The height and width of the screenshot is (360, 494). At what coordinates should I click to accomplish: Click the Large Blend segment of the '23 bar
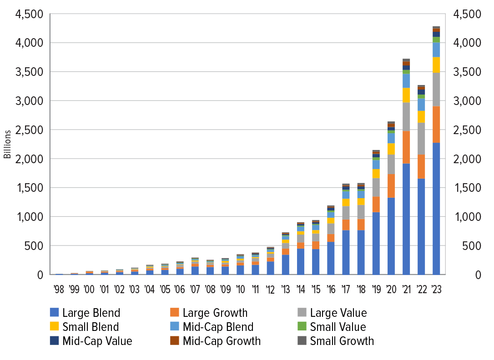pyautogui.click(x=436, y=209)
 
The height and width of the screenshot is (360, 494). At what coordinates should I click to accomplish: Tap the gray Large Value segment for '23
pyautogui.click(x=436, y=89)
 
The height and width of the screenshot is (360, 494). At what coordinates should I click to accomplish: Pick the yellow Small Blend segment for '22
pyautogui.click(x=421, y=116)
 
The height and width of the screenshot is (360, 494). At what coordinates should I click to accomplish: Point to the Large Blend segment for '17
pyautogui.click(x=346, y=252)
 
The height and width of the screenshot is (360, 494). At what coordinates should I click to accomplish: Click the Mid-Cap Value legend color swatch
pyautogui.click(x=55, y=341)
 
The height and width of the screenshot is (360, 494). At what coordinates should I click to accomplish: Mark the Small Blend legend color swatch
pyautogui.click(x=55, y=327)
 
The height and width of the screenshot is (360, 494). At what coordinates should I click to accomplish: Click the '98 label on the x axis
pyautogui.click(x=59, y=289)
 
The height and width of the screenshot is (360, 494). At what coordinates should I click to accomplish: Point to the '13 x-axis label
pyautogui.click(x=285, y=289)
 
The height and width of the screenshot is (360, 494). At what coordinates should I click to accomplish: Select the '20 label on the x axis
pyautogui.click(x=391, y=289)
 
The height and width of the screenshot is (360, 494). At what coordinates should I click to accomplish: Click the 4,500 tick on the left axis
pyautogui.click(x=30, y=14)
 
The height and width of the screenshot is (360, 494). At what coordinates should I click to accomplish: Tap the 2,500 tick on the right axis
pyautogui.click(x=468, y=130)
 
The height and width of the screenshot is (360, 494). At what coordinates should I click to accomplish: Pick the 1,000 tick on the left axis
pyautogui.click(x=30, y=217)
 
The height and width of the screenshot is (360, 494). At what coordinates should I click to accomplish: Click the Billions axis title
pyautogui.click(x=8, y=144)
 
